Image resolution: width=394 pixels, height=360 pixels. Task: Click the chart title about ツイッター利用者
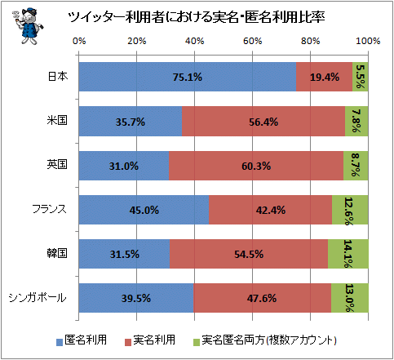(x=197, y=17)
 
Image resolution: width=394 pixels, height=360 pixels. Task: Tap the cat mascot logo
(x=28, y=26)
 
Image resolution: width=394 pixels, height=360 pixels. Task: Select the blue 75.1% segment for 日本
(x=188, y=77)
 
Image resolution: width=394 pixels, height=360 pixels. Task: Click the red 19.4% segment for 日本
(x=324, y=77)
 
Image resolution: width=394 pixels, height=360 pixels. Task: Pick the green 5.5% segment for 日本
(x=361, y=77)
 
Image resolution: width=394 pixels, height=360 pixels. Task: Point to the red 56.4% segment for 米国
(x=263, y=122)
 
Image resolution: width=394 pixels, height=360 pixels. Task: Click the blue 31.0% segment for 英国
(x=124, y=166)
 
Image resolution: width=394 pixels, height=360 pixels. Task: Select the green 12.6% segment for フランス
(x=350, y=210)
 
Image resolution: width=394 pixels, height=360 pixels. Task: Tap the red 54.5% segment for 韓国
(x=249, y=254)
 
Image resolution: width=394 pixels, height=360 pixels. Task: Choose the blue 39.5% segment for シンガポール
(x=136, y=298)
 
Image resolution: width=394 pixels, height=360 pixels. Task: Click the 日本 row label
(x=58, y=77)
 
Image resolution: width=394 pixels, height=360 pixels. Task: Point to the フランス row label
(x=50, y=209)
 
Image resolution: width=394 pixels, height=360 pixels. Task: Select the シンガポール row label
(x=38, y=298)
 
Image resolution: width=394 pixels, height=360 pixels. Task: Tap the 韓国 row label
(x=57, y=253)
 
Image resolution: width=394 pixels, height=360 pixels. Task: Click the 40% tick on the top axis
(x=194, y=42)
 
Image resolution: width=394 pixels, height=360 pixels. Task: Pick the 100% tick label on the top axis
(x=368, y=42)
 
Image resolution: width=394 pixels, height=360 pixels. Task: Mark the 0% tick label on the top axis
(x=79, y=42)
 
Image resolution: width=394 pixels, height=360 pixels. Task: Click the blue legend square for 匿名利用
(x=60, y=342)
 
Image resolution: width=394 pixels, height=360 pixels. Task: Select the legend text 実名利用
(x=154, y=340)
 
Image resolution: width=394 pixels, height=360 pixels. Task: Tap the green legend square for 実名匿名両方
(x=197, y=342)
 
